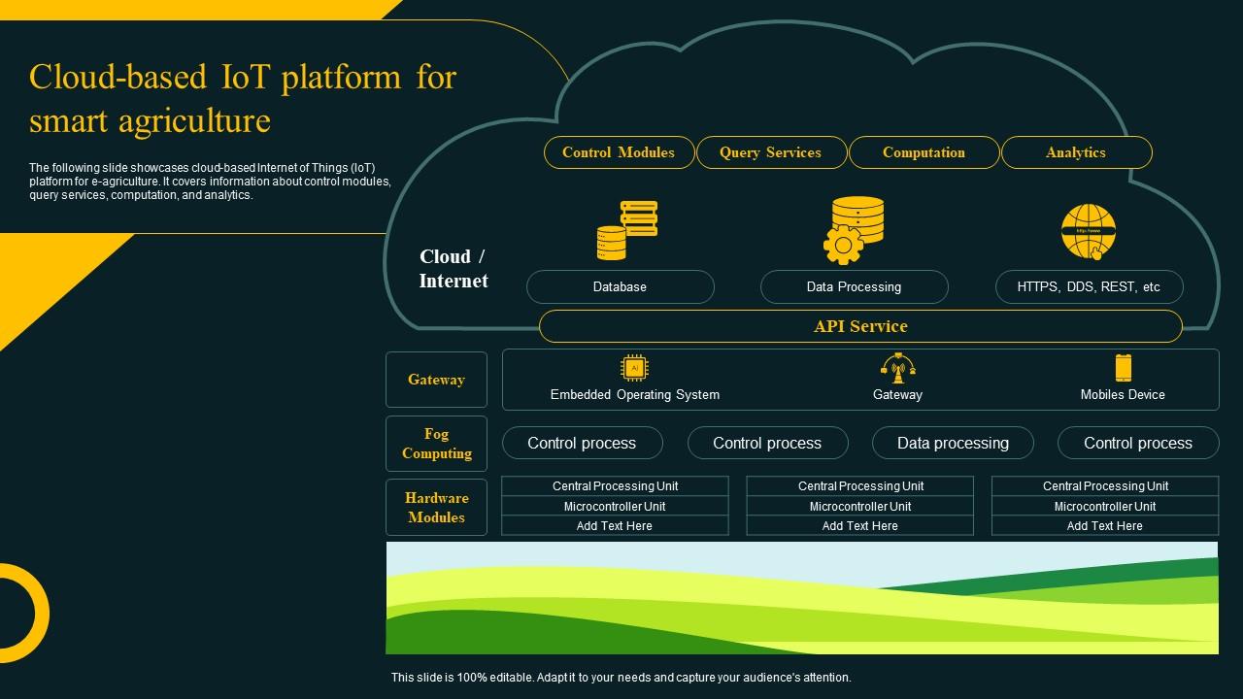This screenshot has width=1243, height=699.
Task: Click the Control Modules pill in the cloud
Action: click(x=619, y=152)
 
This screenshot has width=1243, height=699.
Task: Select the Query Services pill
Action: click(x=771, y=152)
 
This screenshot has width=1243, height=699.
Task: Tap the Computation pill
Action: click(x=924, y=152)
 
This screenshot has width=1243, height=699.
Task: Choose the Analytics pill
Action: click(x=1076, y=152)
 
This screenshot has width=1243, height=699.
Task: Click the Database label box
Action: click(x=620, y=287)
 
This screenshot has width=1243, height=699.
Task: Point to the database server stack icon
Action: click(x=627, y=231)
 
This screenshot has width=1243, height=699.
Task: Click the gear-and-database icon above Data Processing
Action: click(x=855, y=230)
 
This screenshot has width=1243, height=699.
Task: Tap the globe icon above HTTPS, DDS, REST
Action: click(x=1089, y=231)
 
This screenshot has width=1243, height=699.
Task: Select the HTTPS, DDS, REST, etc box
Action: click(x=1089, y=287)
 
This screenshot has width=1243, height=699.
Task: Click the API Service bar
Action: click(x=860, y=326)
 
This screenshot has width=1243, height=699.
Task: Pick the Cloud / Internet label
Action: click(x=454, y=269)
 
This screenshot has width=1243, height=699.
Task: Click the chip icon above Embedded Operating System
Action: click(x=634, y=368)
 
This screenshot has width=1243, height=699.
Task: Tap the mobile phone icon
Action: click(x=1123, y=368)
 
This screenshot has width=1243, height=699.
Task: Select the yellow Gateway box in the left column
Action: click(x=436, y=380)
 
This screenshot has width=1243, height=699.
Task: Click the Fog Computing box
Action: click(x=436, y=444)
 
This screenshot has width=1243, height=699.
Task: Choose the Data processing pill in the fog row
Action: click(x=953, y=443)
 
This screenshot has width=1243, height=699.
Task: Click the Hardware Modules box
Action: click(x=436, y=508)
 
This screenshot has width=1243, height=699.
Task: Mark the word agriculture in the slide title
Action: click(x=194, y=121)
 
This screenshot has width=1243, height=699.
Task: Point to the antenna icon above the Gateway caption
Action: click(x=897, y=368)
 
